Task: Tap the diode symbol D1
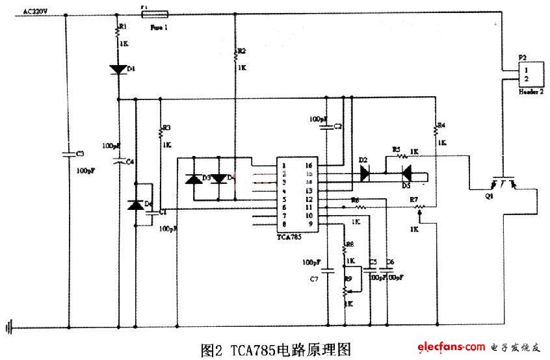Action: tap(119, 70)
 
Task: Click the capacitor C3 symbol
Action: tap(67, 154)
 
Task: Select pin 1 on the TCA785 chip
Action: tap(284, 166)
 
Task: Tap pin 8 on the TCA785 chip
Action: tap(284, 224)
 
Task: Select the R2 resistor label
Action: tap(242, 51)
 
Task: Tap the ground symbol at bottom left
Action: tap(8, 327)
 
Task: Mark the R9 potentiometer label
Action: tap(348, 278)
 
